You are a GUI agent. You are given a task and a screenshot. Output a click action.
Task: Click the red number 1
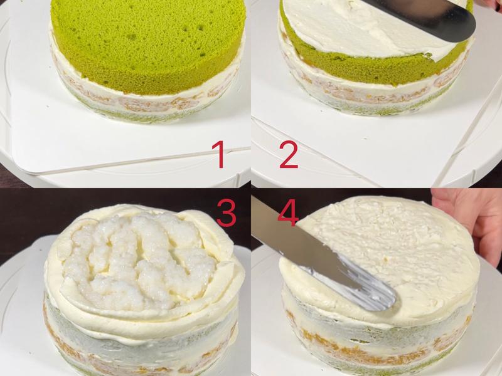(x=218, y=155)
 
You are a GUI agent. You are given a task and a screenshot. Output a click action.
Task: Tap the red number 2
(x=289, y=155)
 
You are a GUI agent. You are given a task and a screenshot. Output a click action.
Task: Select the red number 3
(x=227, y=213)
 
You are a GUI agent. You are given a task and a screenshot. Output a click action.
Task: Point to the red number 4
(x=288, y=212)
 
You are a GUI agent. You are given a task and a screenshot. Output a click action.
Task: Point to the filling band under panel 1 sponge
(x=144, y=102)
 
